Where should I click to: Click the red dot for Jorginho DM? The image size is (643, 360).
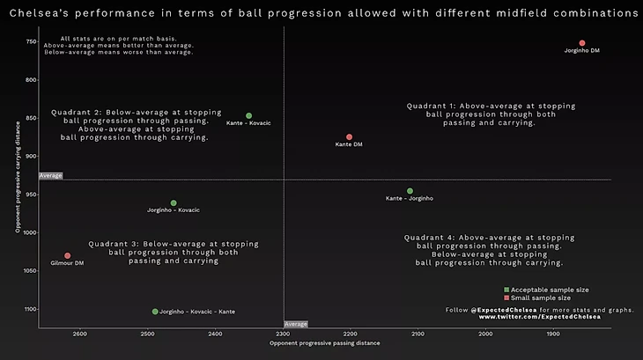point(582,43)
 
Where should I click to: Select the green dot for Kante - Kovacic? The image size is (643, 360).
point(248,115)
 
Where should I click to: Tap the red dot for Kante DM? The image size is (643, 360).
point(350,137)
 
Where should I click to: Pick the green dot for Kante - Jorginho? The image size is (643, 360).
point(410,191)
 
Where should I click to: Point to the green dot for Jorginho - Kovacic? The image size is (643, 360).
point(174,203)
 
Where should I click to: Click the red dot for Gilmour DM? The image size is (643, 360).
point(67,256)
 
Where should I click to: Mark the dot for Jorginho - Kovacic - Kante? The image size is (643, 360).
point(155,312)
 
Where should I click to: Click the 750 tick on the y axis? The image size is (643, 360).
point(31,42)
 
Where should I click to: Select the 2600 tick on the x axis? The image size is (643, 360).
point(80,334)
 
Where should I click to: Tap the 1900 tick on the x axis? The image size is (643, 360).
point(553,334)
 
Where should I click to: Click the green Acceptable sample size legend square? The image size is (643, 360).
point(506,290)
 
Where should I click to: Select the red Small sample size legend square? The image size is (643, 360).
point(506,298)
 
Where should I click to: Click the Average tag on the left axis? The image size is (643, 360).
point(50,176)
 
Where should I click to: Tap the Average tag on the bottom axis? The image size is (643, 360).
point(296,324)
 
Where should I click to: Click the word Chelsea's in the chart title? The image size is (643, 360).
point(41,14)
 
